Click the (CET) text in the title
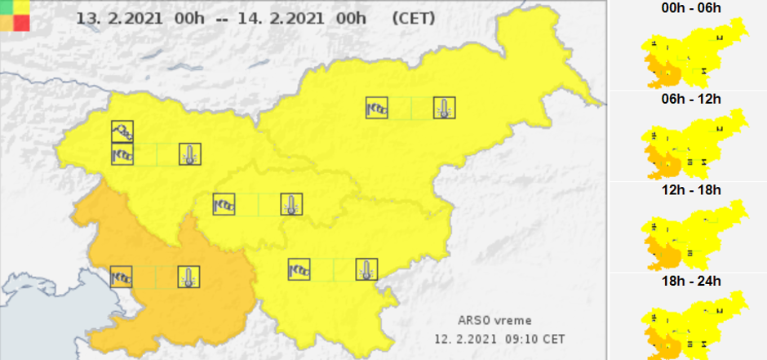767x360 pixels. pos(414,17)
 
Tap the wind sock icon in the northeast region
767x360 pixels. pos(377,107)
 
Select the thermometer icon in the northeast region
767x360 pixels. pos(444,107)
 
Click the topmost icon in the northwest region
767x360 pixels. pos(122,131)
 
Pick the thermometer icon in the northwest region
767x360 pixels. pos(189,153)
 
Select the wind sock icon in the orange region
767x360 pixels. pos(122,276)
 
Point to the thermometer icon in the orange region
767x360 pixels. pos(189,276)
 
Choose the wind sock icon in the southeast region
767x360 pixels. pos(299,269)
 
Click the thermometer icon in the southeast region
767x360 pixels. pos(366,269)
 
